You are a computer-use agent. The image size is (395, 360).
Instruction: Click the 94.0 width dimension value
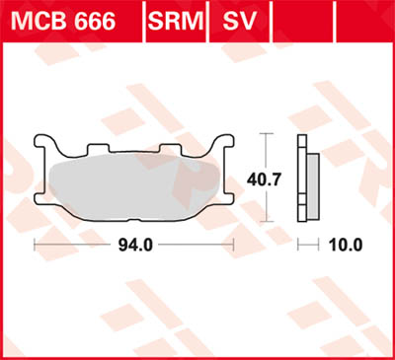click(134, 244)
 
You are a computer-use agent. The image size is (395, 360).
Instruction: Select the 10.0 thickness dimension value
click(346, 244)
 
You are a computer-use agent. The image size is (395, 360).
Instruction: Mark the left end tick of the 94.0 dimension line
click(36, 244)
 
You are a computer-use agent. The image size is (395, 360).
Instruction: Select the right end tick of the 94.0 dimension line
click(232, 244)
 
